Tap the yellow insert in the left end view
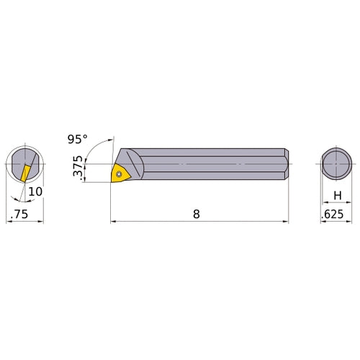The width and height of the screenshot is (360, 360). (24, 172)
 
